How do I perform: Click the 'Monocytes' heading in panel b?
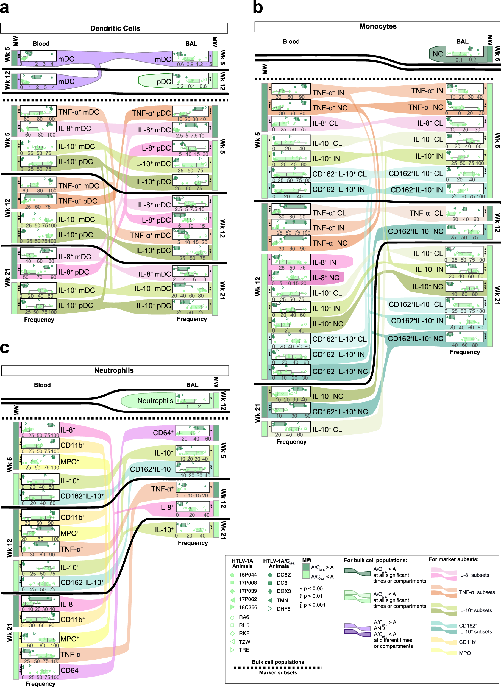click(x=378, y=26)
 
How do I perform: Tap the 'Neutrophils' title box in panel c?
click(x=114, y=370)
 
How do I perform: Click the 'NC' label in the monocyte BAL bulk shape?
click(x=438, y=54)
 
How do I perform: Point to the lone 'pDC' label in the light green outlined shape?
click(x=164, y=82)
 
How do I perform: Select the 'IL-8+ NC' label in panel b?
click(x=326, y=278)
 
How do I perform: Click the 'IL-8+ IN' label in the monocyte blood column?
click(x=324, y=262)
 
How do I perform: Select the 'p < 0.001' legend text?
click(x=314, y=605)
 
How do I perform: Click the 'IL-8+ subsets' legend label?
click(x=474, y=575)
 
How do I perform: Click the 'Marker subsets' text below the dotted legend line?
click(x=278, y=672)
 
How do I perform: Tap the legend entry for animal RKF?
click(x=244, y=633)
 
